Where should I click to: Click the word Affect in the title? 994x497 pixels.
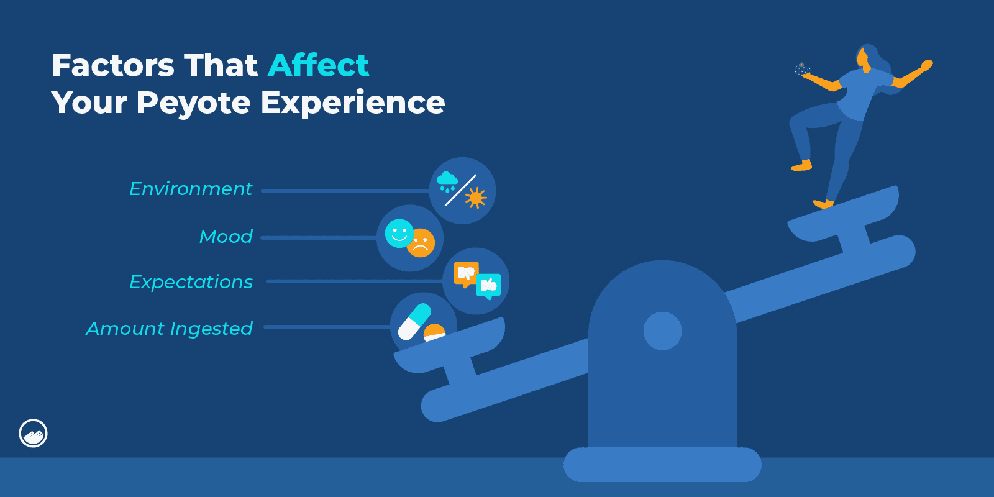coord(318,65)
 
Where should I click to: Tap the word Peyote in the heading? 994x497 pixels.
coord(193,103)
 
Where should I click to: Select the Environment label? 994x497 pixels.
coord(191,189)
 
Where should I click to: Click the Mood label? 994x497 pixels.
coord(226,237)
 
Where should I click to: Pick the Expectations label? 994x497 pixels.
coord(191,282)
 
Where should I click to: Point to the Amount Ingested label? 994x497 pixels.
coord(170,329)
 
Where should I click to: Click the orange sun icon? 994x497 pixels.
coord(476,198)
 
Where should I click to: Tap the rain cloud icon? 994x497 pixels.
coord(447,182)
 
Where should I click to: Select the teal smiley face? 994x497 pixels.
coord(399,233)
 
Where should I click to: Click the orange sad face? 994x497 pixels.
coord(421,244)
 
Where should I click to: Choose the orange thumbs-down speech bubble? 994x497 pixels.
coord(466,273)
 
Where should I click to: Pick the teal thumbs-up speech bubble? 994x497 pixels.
coord(488,286)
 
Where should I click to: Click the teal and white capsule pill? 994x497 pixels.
coord(414,321)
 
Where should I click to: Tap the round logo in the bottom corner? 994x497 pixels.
coord(34,433)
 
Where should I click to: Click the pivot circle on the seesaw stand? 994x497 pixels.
coord(662,331)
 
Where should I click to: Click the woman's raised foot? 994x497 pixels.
coord(801,166)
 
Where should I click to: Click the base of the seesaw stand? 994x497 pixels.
coord(662,465)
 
